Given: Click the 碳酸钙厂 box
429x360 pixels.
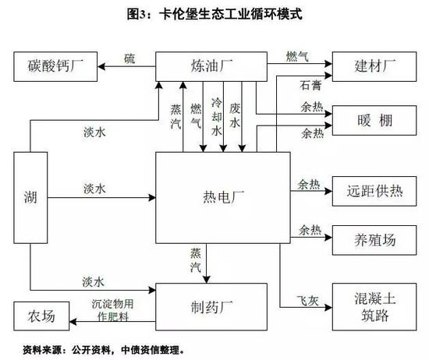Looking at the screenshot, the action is pos(55,66).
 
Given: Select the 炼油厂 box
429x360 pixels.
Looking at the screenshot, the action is pos(211,66).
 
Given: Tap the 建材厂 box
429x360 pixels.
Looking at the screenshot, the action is pos(374,66).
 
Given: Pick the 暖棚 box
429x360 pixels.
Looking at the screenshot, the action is pos(374,120).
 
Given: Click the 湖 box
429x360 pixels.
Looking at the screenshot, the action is pos(30,198).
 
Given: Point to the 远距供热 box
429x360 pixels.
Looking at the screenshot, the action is pos(374,191).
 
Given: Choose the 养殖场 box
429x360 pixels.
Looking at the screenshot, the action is pos(374,240).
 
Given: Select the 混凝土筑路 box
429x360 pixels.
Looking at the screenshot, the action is pos(374,307).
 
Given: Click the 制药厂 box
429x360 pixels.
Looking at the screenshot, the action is pos(211,307).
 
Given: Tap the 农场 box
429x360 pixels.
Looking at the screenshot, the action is pos(41,316).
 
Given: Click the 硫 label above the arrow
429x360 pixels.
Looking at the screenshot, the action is pos(129,58).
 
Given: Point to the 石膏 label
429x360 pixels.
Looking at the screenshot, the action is pos(310,85).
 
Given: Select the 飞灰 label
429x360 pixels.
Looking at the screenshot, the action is pos(308,301).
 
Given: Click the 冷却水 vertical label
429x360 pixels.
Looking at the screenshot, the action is pos(217,117).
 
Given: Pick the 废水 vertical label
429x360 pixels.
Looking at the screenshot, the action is pos(235,115).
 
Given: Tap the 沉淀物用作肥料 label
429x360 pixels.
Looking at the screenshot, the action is pos(113,310).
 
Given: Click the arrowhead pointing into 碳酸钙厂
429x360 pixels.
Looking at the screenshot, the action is pos(101,66).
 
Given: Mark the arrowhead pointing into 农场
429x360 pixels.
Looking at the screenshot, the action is pos(73,321).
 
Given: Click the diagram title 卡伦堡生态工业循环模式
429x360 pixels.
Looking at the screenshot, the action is pos(231,14).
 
